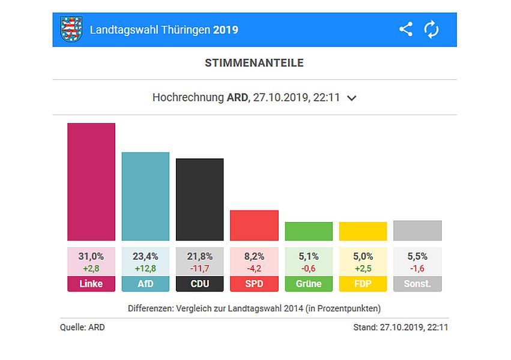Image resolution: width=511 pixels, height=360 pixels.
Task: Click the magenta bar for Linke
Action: point(91,182)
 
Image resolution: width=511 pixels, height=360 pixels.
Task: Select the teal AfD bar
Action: point(145,196)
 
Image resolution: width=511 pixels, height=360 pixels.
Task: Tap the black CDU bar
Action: point(199,199)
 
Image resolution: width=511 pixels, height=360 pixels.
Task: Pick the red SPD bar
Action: point(254,225)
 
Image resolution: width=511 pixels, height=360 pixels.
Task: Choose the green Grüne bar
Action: point(309,231)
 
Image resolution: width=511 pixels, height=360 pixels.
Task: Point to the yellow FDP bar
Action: point(363,231)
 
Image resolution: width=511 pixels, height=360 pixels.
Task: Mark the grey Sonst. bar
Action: point(417,230)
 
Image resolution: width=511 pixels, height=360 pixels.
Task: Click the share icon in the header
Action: point(406,29)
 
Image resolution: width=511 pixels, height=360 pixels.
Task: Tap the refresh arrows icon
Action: point(431,29)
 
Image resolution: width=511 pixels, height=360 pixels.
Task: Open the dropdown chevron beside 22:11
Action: point(352,98)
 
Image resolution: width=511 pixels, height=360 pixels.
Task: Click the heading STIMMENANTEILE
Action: point(254,63)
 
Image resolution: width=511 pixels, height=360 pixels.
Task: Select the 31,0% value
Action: point(91,256)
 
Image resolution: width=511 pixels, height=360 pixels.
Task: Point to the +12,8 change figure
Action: point(145,268)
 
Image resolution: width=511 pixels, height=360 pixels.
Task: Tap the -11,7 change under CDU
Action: point(199,268)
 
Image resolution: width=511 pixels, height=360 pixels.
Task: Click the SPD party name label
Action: point(254,284)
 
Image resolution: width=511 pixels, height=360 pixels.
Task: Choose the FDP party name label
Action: point(363,284)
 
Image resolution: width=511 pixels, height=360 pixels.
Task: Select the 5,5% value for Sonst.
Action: point(417,256)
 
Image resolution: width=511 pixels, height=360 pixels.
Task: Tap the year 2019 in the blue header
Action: point(226,30)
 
